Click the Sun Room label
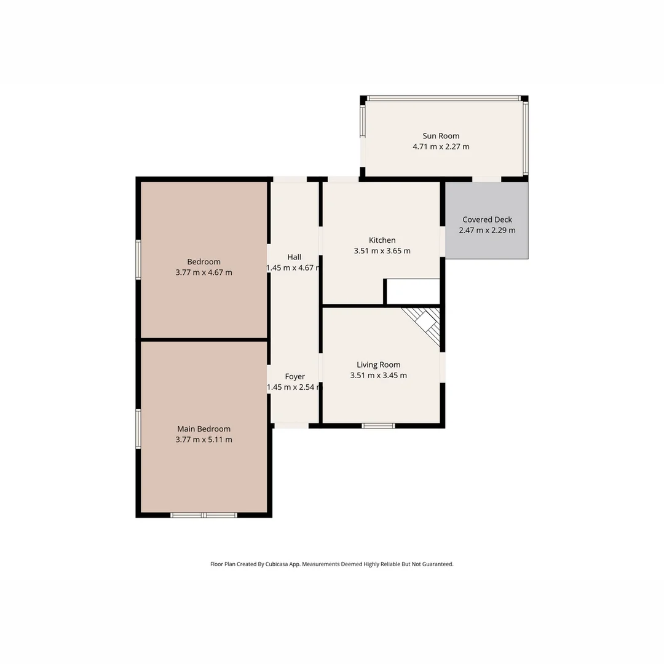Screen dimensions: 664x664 440,136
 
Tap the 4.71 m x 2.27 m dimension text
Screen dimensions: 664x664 440,147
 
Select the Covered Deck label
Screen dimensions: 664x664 487,219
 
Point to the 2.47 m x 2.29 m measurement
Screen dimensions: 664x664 487,231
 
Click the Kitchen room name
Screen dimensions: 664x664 382,240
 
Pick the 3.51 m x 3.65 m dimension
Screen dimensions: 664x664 382,251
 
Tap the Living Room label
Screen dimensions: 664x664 378,365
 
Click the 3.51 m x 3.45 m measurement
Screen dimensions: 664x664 378,376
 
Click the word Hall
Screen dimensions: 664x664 294,257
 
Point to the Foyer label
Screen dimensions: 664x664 294,376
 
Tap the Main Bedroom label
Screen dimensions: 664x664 204,429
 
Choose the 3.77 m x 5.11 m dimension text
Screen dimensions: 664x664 204,440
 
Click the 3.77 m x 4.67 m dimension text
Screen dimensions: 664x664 204,272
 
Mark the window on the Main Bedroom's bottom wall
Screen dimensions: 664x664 204,515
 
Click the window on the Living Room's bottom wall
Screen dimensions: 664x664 378,425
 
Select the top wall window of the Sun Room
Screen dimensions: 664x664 443,98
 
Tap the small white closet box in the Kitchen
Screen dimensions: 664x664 413,291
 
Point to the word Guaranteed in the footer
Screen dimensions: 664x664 436,564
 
